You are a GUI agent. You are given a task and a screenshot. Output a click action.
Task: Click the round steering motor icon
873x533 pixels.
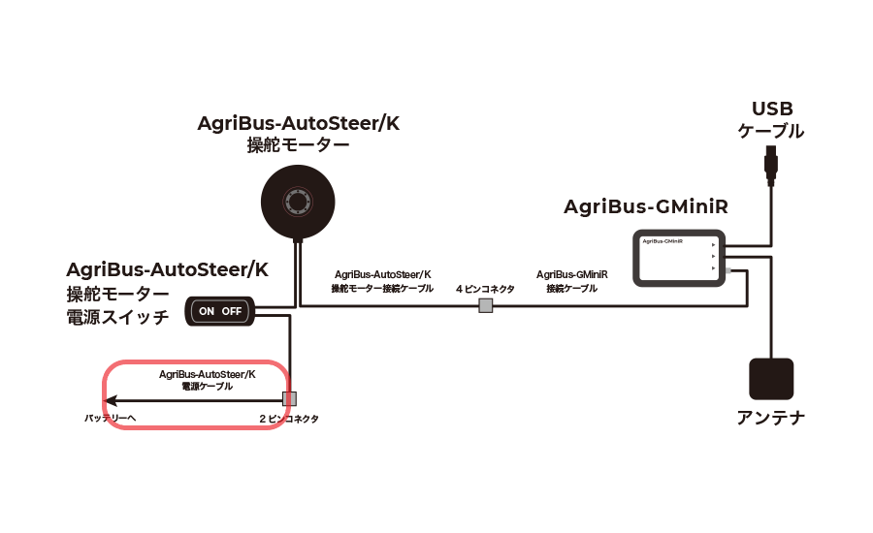click(x=298, y=201)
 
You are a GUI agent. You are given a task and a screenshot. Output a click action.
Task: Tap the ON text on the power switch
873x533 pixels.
click(x=207, y=311)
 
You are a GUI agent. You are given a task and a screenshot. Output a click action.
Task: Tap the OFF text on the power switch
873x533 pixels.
click(x=232, y=311)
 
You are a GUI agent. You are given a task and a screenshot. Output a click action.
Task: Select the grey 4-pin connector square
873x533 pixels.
click(x=486, y=306)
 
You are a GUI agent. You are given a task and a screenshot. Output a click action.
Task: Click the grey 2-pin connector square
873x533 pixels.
click(x=288, y=399)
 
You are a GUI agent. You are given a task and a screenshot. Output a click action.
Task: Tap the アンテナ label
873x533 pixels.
click(x=771, y=418)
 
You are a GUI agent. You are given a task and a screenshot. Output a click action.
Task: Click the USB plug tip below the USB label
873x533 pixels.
click(x=770, y=165)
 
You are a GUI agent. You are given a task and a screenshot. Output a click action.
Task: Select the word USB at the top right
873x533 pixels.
click(x=772, y=109)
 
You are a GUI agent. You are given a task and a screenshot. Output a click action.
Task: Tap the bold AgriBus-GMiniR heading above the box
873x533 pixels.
click(x=646, y=208)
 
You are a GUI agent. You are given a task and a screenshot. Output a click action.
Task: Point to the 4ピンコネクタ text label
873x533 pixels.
click(x=485, y=289)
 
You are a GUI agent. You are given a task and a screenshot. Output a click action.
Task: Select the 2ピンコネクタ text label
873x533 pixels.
click(x=288, y=419)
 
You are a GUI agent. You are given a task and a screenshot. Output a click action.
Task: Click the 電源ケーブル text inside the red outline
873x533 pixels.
click(x=208, y=386)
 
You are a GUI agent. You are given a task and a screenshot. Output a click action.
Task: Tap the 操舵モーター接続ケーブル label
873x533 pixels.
click(x=382, y=289)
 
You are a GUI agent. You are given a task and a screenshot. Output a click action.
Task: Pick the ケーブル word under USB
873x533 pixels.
click(x=771, y=131)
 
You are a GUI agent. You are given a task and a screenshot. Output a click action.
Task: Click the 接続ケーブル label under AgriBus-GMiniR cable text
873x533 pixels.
click(x=572, y=289)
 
